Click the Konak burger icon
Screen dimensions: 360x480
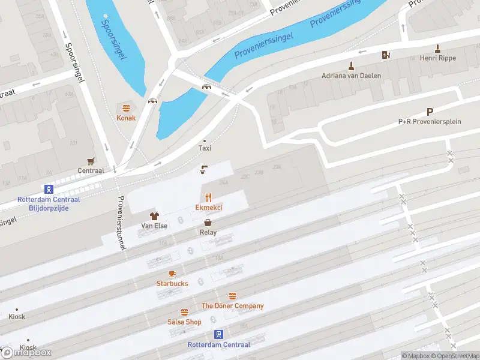click(126, 108)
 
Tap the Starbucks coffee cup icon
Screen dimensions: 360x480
click(172, 274)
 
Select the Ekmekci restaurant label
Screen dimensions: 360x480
click(209, 208)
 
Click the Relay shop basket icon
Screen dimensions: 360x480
click(208, 222)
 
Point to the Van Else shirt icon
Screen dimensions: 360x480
click(154, 216)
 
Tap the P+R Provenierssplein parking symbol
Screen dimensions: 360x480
click(430, 112)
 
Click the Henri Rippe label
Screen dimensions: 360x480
click(439, 58)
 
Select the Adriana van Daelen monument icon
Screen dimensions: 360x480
click(351, 66)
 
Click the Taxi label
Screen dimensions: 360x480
click(205, 148)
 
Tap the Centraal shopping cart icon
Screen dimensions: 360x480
click(91, 161)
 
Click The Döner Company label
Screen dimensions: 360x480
click(232, 306)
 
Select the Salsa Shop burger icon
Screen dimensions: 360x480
click(185, 312)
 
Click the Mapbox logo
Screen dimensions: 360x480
click(27, 352)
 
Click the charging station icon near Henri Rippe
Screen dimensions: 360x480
click(386, 55)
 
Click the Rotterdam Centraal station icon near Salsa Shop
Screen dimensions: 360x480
click(218, 334)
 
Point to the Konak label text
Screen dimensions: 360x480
click(126, 118)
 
